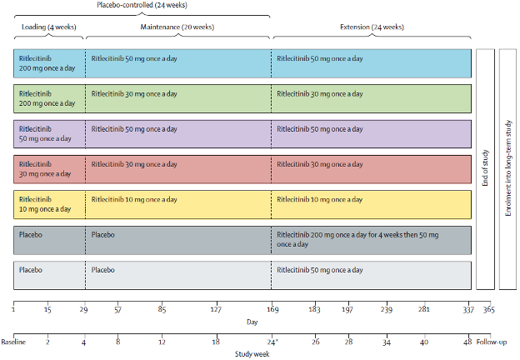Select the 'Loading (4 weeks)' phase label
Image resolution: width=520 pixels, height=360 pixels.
coord(48,27)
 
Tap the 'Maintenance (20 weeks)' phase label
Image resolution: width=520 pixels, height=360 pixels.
coord(178,27)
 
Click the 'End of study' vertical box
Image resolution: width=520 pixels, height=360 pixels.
coord(485,167)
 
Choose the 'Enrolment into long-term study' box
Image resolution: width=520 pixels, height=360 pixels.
coord(507,167)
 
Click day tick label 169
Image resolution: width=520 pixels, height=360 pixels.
coord(273,310)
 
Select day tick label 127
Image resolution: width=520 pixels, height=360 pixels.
coord(216,310)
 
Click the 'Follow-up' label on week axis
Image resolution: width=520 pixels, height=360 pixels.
coord(495,342)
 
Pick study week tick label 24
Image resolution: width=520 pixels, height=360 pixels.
coord(272,342)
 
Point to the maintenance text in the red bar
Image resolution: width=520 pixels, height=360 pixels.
coord(135,164)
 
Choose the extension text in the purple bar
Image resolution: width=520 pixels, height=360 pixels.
coord(320,129)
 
